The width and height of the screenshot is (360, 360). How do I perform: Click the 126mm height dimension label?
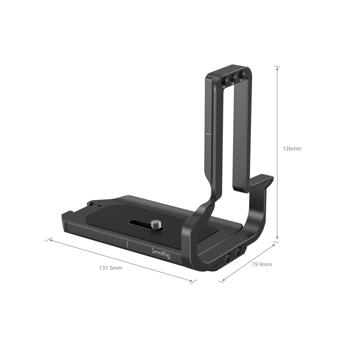pyautogui.click(x=292, y=148)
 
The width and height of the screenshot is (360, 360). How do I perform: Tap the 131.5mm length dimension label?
pyautogui.click(x=111, y=268)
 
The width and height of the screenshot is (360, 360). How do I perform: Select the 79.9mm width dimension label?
pyautogui.click(x=262, y=265)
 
